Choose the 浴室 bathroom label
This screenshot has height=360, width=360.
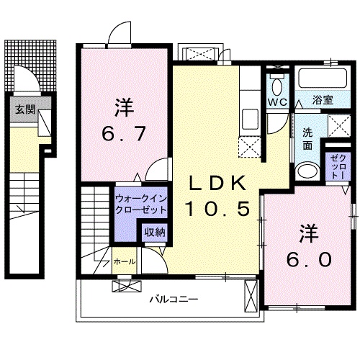pos(322,100)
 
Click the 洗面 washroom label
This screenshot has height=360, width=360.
pos(307,139)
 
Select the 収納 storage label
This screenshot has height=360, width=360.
pos(153,232)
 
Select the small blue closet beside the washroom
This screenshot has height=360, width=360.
pos(337,167)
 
